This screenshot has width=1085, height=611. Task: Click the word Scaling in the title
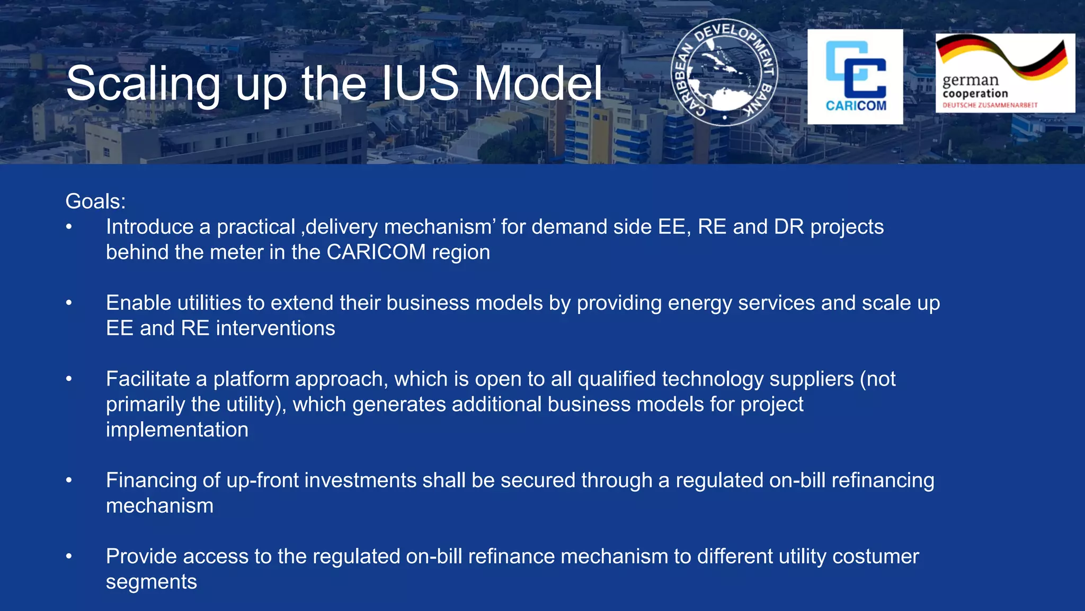pos(143,84)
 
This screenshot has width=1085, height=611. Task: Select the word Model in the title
pos(538,83)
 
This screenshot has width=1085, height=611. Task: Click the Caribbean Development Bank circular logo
pos(724,73)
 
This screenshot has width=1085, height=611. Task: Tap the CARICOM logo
pos(855,77)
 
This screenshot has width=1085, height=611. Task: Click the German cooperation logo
pos(1005,73)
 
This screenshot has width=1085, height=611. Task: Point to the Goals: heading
pos(95,202)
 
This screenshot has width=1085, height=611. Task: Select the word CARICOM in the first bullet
pos(376,252)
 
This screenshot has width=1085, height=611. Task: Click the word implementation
pos(177,430)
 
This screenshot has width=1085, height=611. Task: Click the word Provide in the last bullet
pos(141,556)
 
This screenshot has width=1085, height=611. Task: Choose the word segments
pos(152,582)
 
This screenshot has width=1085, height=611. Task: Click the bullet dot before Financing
pos(69,481)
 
